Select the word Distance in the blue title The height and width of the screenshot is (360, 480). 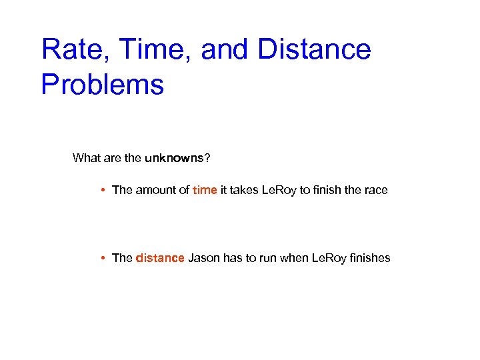tap(314, 50)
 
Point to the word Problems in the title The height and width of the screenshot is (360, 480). tap(102, 85)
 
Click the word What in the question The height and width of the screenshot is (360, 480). tap(86, 158)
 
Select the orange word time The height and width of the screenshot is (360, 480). tap(205, 190)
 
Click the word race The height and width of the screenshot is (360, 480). tap(375, 190)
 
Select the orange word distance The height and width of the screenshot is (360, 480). tap(160, 258)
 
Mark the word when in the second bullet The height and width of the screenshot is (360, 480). tap(295, 258)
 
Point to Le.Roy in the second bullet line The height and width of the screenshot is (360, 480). tap(329, 258)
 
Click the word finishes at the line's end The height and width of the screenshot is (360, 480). tap(369, 258)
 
